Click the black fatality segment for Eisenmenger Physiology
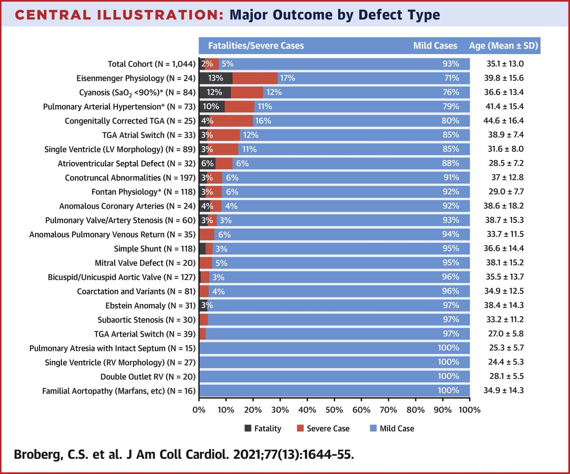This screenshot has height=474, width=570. [215, 78]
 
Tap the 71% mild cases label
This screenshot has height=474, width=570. [451, 78]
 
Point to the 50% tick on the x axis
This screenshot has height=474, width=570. [334, 409]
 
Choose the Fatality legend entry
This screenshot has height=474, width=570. [263, 428]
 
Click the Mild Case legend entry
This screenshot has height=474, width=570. [391, 428]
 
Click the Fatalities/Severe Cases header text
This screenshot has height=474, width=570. [256, 46]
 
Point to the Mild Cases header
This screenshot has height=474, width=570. [435, 46]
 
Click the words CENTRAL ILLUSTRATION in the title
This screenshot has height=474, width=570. [116, 15]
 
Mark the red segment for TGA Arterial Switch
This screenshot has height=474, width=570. [202, 334]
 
